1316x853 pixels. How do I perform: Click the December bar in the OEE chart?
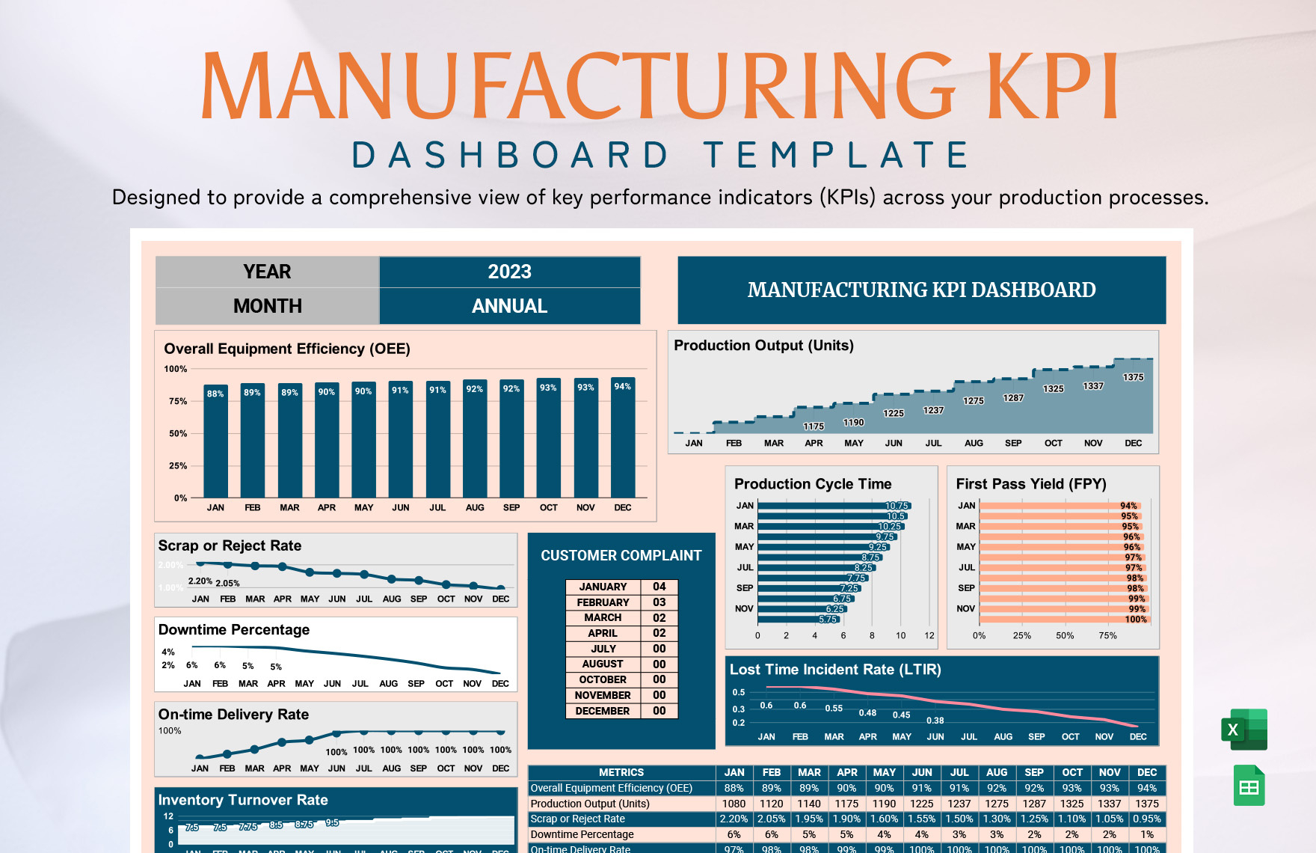tap(623, 441)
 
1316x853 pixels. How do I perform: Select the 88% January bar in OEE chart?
tap(215, 445)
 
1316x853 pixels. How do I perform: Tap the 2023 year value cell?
tap(509, 272)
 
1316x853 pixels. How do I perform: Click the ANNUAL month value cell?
tap(509, 306)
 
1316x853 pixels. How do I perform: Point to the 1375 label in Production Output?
tap(1133, 377)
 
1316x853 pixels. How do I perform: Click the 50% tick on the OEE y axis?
tap(178, 433)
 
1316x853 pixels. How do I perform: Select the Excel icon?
tap(1244, 729)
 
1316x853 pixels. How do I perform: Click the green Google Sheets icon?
tap(1249, 786)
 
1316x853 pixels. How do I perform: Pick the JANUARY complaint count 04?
tap(659, 587)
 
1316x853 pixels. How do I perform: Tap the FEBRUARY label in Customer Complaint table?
tap(603, 602)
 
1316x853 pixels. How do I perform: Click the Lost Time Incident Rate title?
tap(835, 670)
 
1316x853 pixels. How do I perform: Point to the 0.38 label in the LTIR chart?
tap(935, 721)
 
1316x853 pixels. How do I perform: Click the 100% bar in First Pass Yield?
tap(1062, 620)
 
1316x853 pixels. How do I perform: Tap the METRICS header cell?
tap(621, 772)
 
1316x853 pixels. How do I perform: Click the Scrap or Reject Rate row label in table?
tap(577, 819)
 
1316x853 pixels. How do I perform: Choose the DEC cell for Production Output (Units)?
tap(1146, 804)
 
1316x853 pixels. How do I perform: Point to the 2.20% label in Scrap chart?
tap(200, 581)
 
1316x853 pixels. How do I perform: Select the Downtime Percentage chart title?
tap(234, 630)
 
